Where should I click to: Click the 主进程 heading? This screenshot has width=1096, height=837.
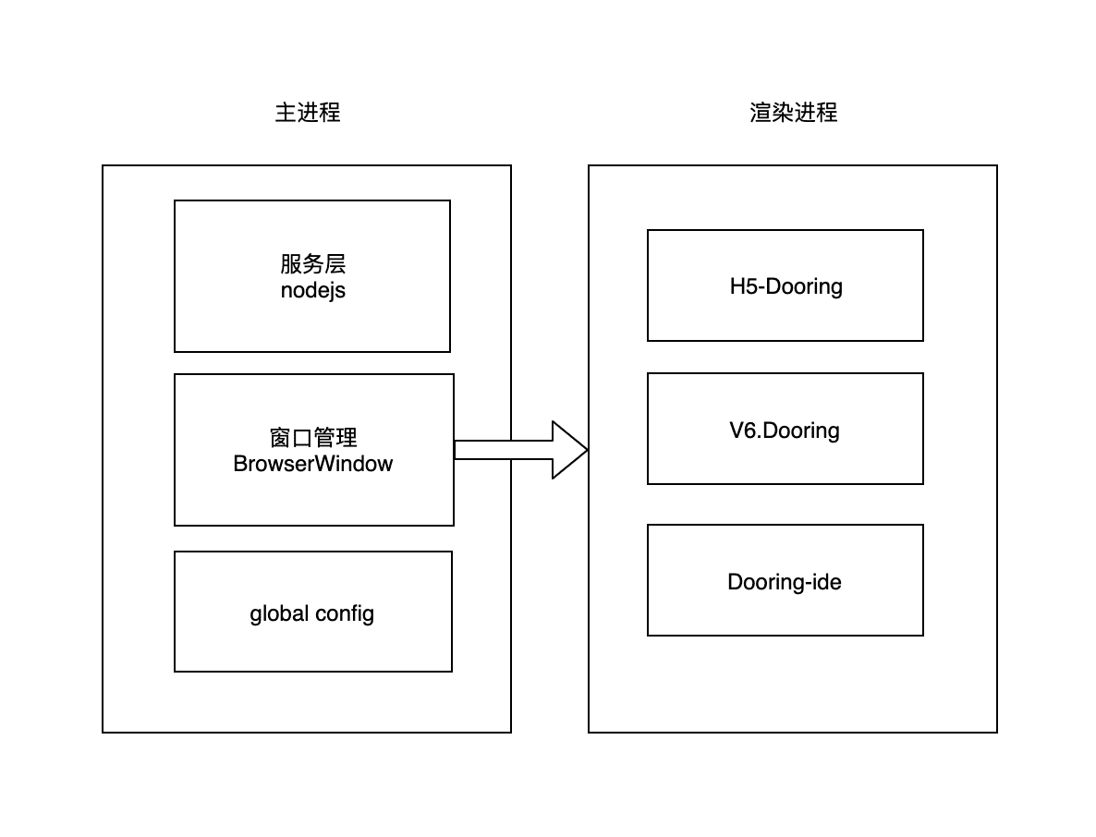(x=308, y=113)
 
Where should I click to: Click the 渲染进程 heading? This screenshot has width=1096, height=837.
(x=793, y=113)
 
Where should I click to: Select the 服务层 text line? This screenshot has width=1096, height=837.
(x=312, y=264)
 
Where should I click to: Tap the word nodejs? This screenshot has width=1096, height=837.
(x=312, y=291)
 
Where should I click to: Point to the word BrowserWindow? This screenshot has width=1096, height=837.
(x=312, y=464)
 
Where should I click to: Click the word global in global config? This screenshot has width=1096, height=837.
(x=279, y=613)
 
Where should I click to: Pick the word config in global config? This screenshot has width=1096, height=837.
(x=345, y=613)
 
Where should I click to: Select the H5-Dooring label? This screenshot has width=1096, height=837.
(x=785, y=286)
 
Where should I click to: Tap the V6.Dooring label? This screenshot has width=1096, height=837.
(x=785, y=431)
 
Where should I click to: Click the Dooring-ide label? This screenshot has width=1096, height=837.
(x=785, y=582)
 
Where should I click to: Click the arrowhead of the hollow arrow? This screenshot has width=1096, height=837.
(x=568, y=450)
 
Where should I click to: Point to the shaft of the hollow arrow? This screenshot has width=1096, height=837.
(x=504, y=450)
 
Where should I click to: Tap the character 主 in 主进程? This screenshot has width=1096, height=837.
(x=286, y=113)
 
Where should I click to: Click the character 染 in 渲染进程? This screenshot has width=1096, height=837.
(x=783, y=113)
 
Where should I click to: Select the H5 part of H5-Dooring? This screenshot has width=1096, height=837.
(x=740, y=286)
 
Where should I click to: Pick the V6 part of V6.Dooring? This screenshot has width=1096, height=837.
(x=740, y=431)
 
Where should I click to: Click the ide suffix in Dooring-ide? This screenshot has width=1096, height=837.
(x=826, y=582)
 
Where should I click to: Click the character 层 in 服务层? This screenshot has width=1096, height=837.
(x=335, y=264)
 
